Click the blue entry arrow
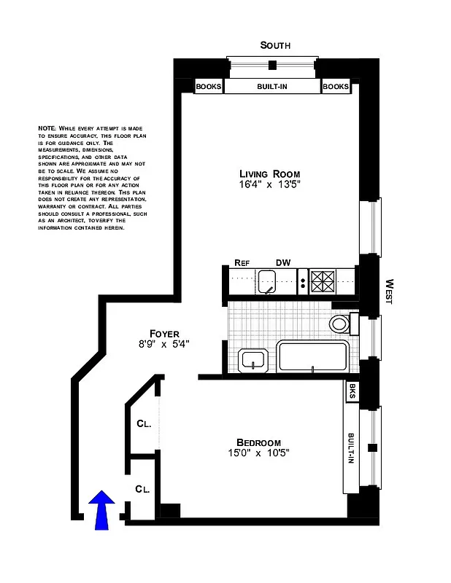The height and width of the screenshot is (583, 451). [x=102, y=508]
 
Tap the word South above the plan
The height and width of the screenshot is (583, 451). [x=275, y=45]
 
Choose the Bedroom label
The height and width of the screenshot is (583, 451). [x=258, y=442]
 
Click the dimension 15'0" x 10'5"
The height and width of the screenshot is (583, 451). [x=258, y=454]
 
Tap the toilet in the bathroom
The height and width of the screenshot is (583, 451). [x=341, y=323]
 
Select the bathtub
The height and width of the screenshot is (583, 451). [x=312, y=357]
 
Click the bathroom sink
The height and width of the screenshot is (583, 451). [x=254, y=359]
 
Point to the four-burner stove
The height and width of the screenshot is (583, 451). [x=322, y=281]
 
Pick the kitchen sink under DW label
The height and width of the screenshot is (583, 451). [x=267, y=281]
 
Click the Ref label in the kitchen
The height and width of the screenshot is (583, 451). [x=242, y=263]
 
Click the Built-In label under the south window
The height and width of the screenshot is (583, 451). [x=272, y=87]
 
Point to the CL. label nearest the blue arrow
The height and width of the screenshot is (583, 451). [x=142, y=489]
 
